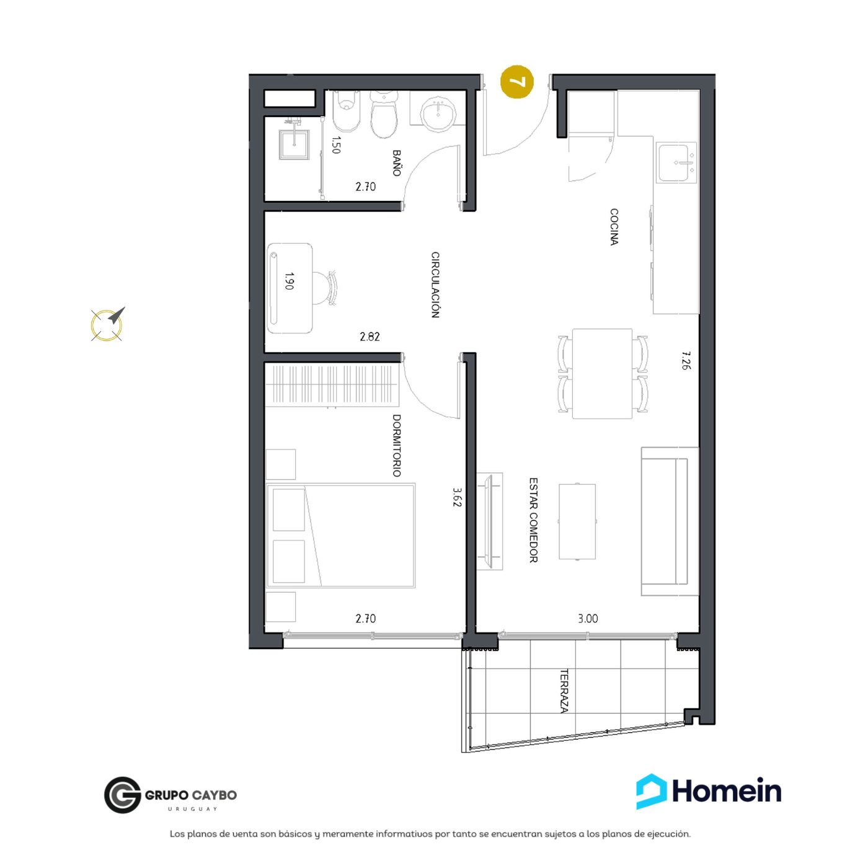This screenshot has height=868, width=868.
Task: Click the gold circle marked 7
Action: coord(516,82)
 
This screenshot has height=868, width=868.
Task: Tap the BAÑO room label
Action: coord(396,163)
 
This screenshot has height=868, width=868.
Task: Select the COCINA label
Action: coord(614,226)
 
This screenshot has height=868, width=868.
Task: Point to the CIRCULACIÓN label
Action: coord(435,285)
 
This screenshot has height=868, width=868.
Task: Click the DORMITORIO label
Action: coord(396,446)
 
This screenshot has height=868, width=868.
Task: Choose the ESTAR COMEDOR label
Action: coord(533,520)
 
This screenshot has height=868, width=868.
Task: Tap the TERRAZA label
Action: coord(564,691)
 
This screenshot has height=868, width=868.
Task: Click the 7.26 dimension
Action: coord(684,361)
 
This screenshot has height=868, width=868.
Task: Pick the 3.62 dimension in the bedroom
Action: coord(457,497)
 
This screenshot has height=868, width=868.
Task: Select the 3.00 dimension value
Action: coord(588,619)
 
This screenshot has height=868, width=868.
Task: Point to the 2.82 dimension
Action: coord(370,337)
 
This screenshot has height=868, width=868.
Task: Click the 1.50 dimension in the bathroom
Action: coord(335,145)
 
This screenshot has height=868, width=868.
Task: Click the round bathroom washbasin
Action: coord(437,113)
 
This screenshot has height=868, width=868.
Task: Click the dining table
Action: coord(602,374)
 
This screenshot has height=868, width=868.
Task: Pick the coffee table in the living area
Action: coord(577,521)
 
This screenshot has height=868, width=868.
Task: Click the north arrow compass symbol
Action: coord(108,324)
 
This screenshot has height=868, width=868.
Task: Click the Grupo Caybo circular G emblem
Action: coord(123,795)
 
